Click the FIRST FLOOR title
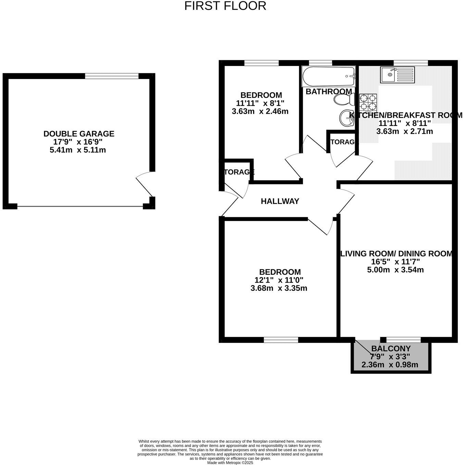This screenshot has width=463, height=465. click(225, 6)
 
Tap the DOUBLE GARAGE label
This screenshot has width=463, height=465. click(79, 134)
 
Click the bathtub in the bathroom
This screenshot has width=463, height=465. click(328, 76)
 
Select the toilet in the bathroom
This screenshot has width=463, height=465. click(344, 100)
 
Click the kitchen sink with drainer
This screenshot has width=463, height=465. click(397, 74)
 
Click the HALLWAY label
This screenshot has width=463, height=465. click(280, 201)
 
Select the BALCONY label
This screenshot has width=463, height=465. click(391, 349)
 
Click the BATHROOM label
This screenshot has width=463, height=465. click(328, 91)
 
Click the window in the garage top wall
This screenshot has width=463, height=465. click(112, 76)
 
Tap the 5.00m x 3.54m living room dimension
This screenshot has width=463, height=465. click(395, 270)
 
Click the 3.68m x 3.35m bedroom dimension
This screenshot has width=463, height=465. click(279, 288)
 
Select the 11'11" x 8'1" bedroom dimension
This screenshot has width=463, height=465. click(260, 103)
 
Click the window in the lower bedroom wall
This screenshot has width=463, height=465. click(281, 339)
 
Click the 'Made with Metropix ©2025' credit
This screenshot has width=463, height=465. click(230, 463)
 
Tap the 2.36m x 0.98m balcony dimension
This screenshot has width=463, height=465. click(390, 365)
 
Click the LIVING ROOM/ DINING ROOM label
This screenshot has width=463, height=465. click(396, 254)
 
